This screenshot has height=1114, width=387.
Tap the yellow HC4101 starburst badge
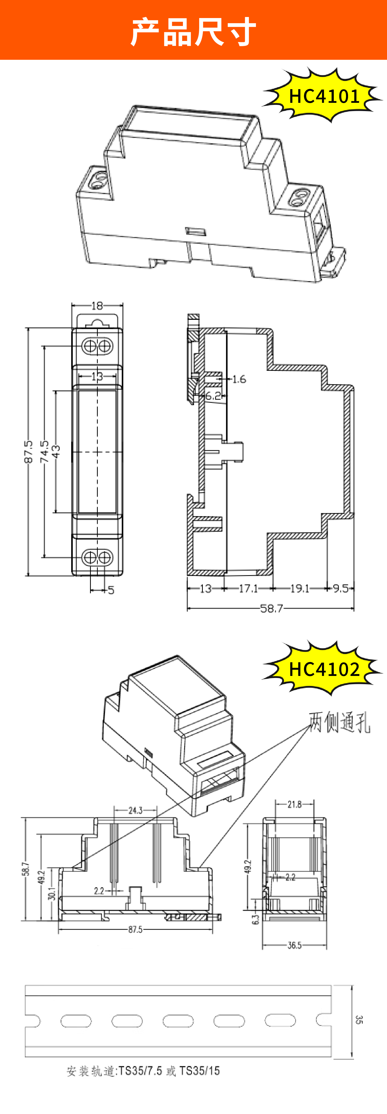(324, 96)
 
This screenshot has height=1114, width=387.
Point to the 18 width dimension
(97, 306)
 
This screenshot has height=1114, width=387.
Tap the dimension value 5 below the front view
(111, 590)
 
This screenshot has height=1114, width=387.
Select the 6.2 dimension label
(213, 395)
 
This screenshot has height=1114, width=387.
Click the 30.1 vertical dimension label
(52, 893)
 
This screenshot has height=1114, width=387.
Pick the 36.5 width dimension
(294, 945)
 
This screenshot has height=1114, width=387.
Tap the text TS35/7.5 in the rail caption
(140, 1071)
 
